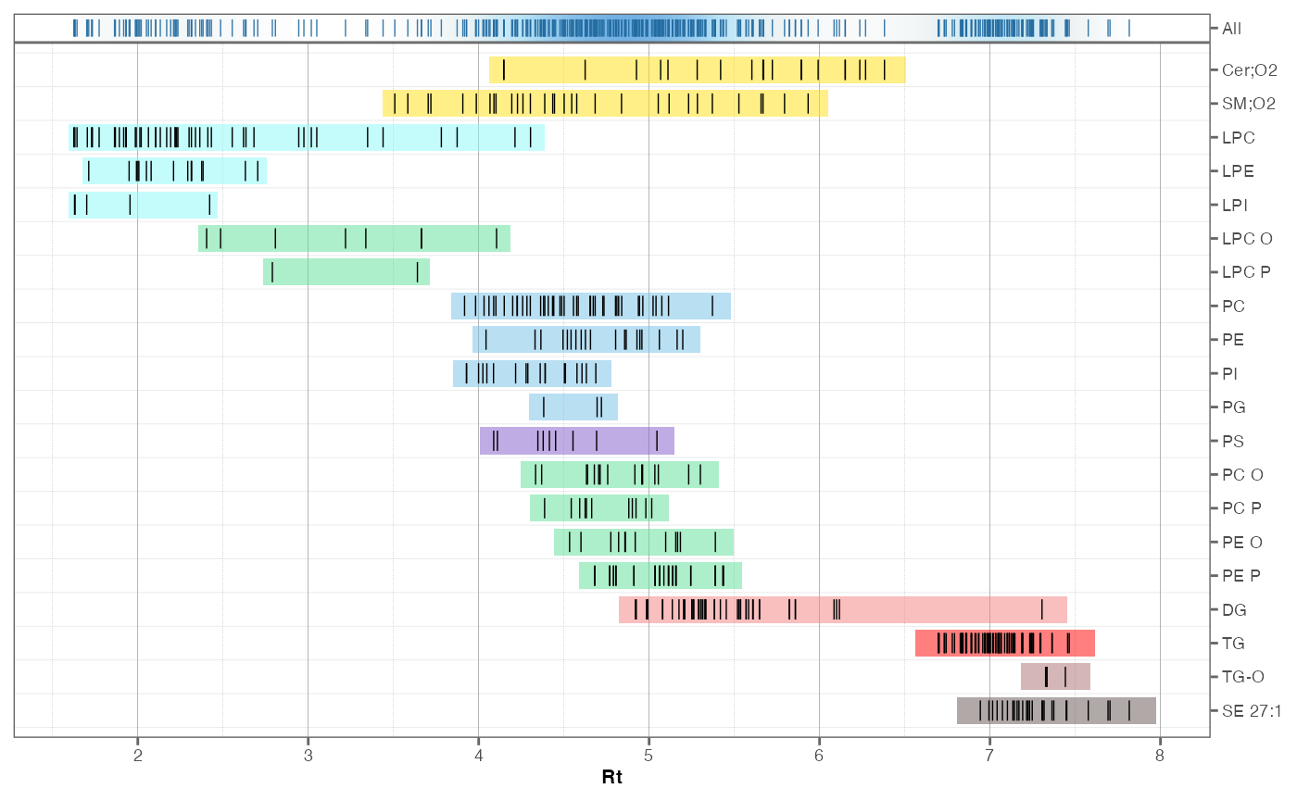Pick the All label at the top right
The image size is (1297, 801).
point(1231,29)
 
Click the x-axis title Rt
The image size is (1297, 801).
point(611,778)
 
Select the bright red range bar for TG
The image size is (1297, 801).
point(1005,643)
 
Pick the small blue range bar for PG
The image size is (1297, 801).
point(573,407)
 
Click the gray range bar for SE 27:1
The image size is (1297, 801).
point(1056,710)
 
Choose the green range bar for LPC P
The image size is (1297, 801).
point(346,272)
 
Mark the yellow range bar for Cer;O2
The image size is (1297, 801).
point(697,70)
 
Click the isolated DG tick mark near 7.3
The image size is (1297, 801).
point(1042,609)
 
